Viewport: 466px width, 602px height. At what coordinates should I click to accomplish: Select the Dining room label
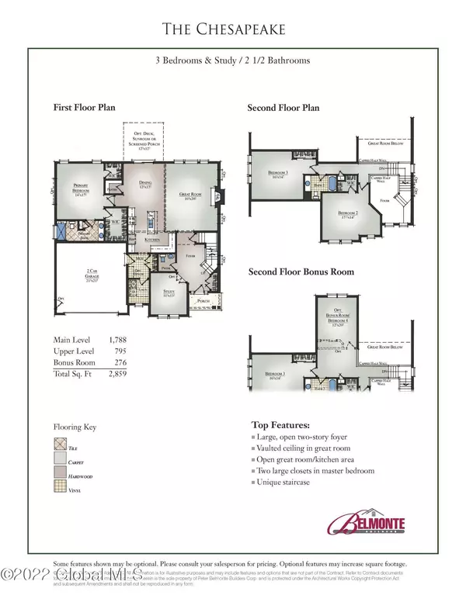(x=145, y=183)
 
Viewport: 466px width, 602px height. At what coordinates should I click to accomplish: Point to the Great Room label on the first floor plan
(x=190, y=196)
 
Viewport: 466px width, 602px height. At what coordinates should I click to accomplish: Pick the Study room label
(x=167, y=294)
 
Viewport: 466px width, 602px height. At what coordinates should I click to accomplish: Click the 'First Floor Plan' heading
(x=85, y=108)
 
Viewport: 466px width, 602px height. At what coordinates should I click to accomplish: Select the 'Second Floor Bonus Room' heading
(x=301, y=272)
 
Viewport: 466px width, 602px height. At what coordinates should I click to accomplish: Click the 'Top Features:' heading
(x=280, y=425)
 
